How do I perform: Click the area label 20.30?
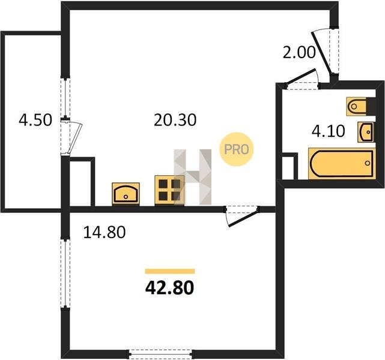(x=175, y=120)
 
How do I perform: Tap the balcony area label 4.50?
(x=35, y=120)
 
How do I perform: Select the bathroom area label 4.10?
(x=329, y=131)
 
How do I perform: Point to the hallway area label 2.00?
(x=299, y=52)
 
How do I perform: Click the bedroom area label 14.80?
(x=105, y=232)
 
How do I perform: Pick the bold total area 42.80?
(x=169, y=287)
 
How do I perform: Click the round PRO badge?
(x=237, y=149)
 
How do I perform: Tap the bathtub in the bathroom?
(x=342, y=163)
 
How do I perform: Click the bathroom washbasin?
(x=366, y=132)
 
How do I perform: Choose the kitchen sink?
(x=126, y=194)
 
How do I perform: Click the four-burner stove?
(x=169, y=190)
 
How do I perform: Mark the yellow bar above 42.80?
(x=170, y=271)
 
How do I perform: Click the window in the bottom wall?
(x=160, y=354)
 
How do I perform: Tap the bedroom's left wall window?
(x=65, y=274)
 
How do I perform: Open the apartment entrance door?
(x=321, y=52)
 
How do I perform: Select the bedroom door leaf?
(x=243, y=218)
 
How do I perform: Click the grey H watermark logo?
(x=193, y=177)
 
